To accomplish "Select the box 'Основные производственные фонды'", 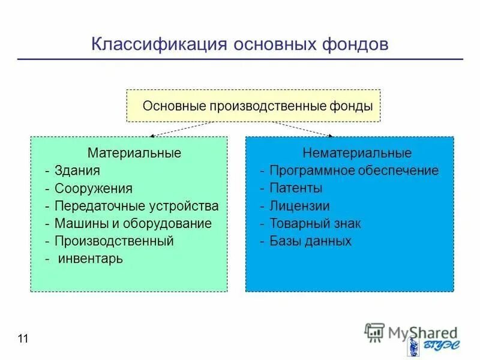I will (x=253, y=106).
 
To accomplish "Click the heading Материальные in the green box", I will (x=134, y=153).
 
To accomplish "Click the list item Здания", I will (x=77, y=171).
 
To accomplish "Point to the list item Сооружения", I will (x=93, y=188).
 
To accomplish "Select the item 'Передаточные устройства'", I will (x=136, y=206).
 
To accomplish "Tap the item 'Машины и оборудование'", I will (x=133, y=224).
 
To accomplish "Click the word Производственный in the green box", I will (x=114, y=241).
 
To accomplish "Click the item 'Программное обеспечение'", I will (x=353, y=171).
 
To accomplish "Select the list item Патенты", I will (x=296, y=188).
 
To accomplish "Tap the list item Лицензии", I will (x=299, y=206).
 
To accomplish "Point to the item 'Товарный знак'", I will (x=315, y=224).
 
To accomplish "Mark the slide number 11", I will (x=23, y=339).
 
